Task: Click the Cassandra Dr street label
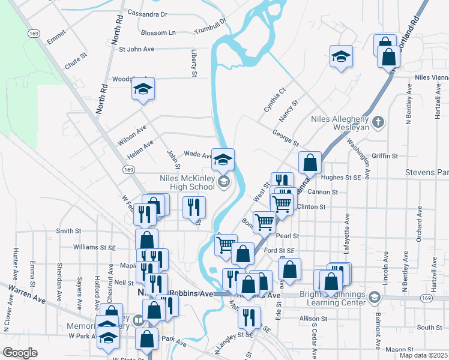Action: tap(147, 14)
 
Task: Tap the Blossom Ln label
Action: tap(158, 33)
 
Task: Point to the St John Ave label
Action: tap(137, 49)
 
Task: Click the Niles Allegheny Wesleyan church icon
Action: tap(377, 123)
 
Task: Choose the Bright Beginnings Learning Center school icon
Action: tap(375, 298)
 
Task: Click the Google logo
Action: tap(20, 353)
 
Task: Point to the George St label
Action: tap(285, 138)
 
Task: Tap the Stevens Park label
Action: tap(427, 173)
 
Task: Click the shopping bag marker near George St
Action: tap(310, 162)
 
